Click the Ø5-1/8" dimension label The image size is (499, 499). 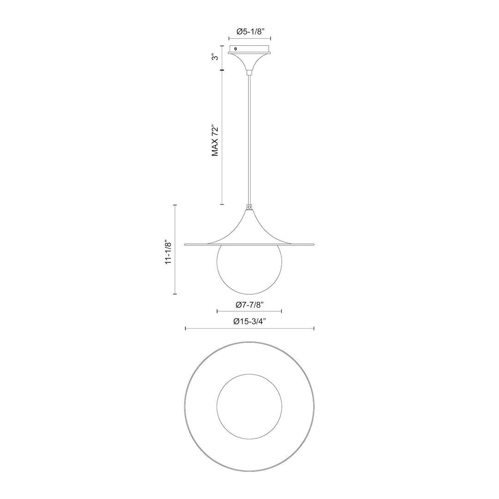pyautogui.click(x=249, y=31)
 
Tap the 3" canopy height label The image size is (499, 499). pyautogui.click(x=214, y=57)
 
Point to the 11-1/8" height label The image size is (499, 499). pyautogui.click(x=169, y=252)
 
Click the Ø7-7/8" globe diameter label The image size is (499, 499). pyautogui.click(x=249, y=304)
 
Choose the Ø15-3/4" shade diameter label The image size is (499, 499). pyautogui.click(x=249, y=321)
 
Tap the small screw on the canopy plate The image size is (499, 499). pyautogui.click(x=236, y=49)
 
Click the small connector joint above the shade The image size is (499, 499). pyautogui.click(x=249, y=208)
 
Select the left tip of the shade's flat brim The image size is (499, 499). pyautogui.click(x=186, y=243)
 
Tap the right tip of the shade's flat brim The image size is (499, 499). pyautogui.click(x=313, y=243)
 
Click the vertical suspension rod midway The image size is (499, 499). pyautogui.click(x=249, y=139)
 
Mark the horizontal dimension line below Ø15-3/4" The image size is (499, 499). pyautogui.click(x=249, y=329)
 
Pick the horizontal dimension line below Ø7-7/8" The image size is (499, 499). pyautogui.click(x=249, y=312)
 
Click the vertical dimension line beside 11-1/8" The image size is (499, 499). pyautogui.click(x=175, y=249)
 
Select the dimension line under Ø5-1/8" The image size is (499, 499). pyautogui.click(x=249, y=40)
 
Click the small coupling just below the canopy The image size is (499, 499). pyautogui.click(x=249, y=72)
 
